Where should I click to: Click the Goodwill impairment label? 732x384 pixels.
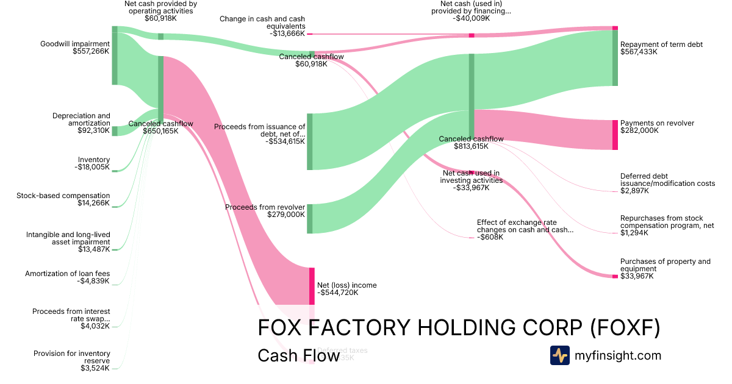(x=75, y=44)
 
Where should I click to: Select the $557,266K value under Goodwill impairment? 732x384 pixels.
(x=91, y=52)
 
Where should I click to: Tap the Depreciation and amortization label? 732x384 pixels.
(x=81, y=119)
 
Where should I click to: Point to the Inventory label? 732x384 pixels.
(x=94, y=160)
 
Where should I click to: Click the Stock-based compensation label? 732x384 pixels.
(x=63, y=196)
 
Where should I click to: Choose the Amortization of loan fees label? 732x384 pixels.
(x=67, y=274)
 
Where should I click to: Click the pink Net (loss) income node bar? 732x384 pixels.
(x=312, y=286)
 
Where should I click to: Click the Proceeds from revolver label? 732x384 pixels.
(x=265, y=207)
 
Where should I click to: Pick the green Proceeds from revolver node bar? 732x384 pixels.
(x=309, y=218)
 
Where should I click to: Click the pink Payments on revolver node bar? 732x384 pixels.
(x=615, y=135)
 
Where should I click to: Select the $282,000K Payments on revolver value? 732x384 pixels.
(x=639, y=130)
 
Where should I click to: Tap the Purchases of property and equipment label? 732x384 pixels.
(x=665, y=265)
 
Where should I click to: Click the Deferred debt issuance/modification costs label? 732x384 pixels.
(x=667, y=180)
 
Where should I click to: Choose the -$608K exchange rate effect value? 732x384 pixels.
(x=490, y=237)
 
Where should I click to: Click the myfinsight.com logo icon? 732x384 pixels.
(x=559, y=355)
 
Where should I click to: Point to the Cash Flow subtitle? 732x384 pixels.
(x=298, y=355)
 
